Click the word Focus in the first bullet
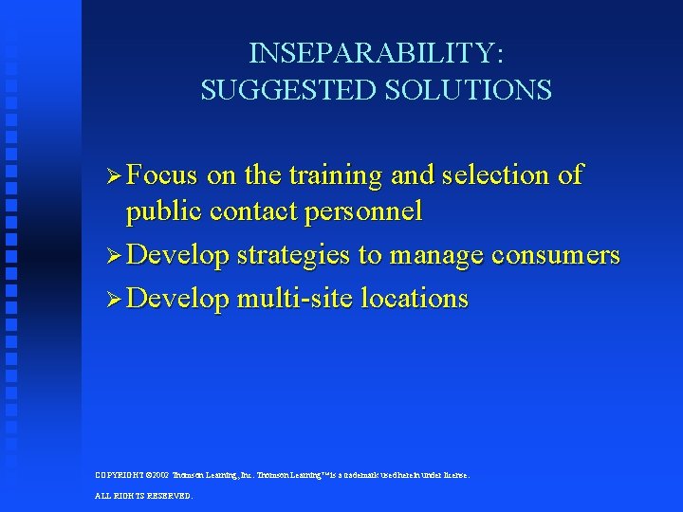pos(162,175)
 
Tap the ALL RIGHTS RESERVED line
pos(143,495)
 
